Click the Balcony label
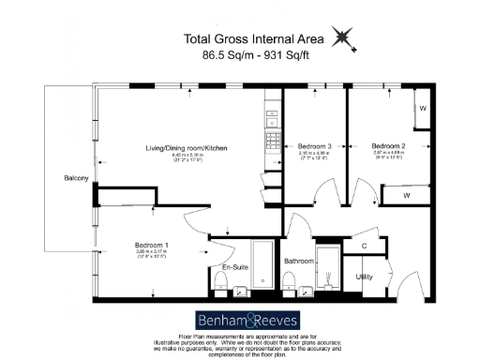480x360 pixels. tap(76, 178)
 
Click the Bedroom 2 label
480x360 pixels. tap(387, 147)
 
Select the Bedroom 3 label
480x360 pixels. tap(315, 147)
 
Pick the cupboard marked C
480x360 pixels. tap(363, 246)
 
